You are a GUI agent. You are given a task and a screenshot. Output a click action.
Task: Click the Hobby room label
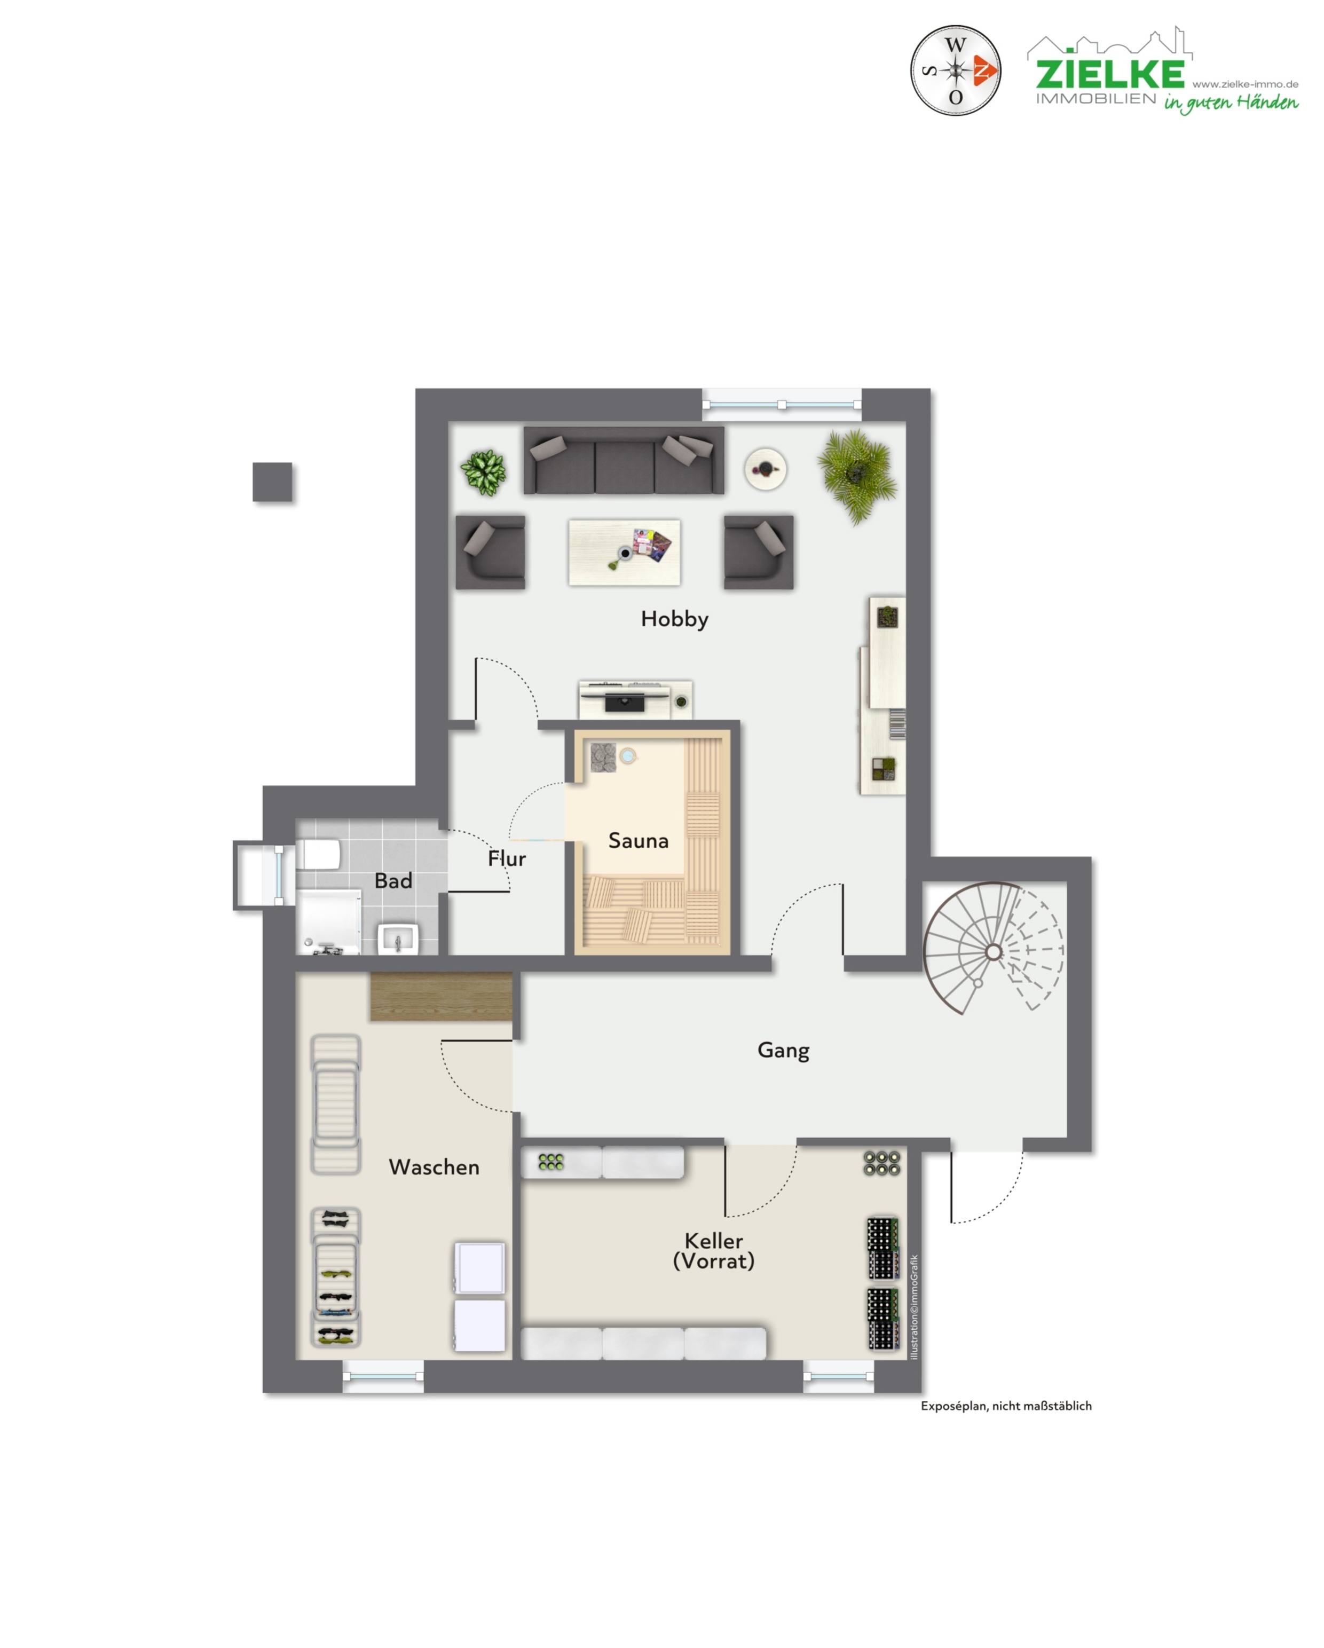[674, 619]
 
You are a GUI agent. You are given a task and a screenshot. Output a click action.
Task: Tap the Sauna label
[639, 841]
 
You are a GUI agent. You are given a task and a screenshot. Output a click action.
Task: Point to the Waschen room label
[434, 1167]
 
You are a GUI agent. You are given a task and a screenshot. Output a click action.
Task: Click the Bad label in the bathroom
[393, 880]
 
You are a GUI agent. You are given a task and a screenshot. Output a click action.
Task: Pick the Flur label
[507, 858]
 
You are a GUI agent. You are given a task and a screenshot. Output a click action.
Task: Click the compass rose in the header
[956, 70]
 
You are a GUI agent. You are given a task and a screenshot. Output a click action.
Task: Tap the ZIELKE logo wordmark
[1110, 73]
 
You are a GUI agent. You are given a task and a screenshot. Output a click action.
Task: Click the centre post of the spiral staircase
[993, 952]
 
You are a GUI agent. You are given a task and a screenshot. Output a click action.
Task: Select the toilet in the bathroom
[318, 854]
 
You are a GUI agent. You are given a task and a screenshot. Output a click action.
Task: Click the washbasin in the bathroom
[398, 939]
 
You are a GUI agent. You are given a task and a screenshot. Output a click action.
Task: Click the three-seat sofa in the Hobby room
[624, 460]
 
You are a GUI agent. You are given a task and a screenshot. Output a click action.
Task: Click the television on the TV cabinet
[625, 700]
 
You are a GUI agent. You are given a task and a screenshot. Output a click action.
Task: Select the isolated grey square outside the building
[272, 482]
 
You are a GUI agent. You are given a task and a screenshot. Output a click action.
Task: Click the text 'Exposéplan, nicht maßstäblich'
[1006, 1406]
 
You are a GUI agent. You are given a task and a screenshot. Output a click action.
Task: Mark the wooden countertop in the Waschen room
[441, 997]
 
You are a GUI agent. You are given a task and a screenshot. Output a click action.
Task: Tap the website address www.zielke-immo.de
[1244, 84]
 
